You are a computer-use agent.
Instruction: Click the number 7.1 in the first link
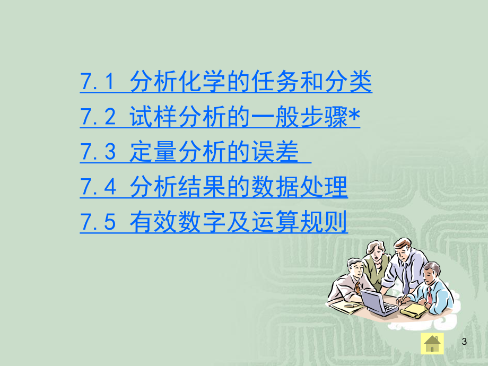(98, 82)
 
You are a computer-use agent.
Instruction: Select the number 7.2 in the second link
(98, 117)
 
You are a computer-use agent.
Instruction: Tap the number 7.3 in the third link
(98, 152)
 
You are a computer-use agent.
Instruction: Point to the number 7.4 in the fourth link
(98, 187)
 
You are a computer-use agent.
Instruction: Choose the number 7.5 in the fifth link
(98, 222)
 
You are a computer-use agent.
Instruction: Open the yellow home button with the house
(432, 344)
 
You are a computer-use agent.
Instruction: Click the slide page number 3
(465, 342)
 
